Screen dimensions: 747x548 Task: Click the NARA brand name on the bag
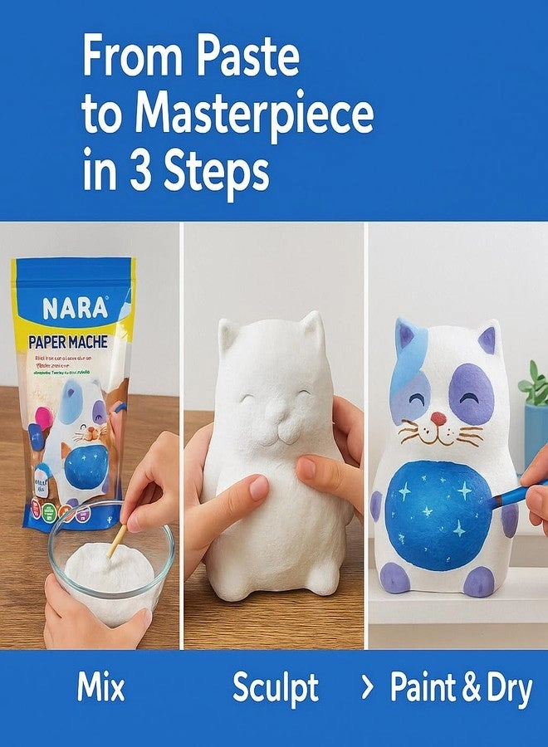click(75, 309)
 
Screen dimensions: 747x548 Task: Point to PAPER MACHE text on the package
click(75, 342)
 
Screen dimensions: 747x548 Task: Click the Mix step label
click(100, 688)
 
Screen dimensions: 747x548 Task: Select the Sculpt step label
click(275, 688)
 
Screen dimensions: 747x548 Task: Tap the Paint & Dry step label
click(461, 688)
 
